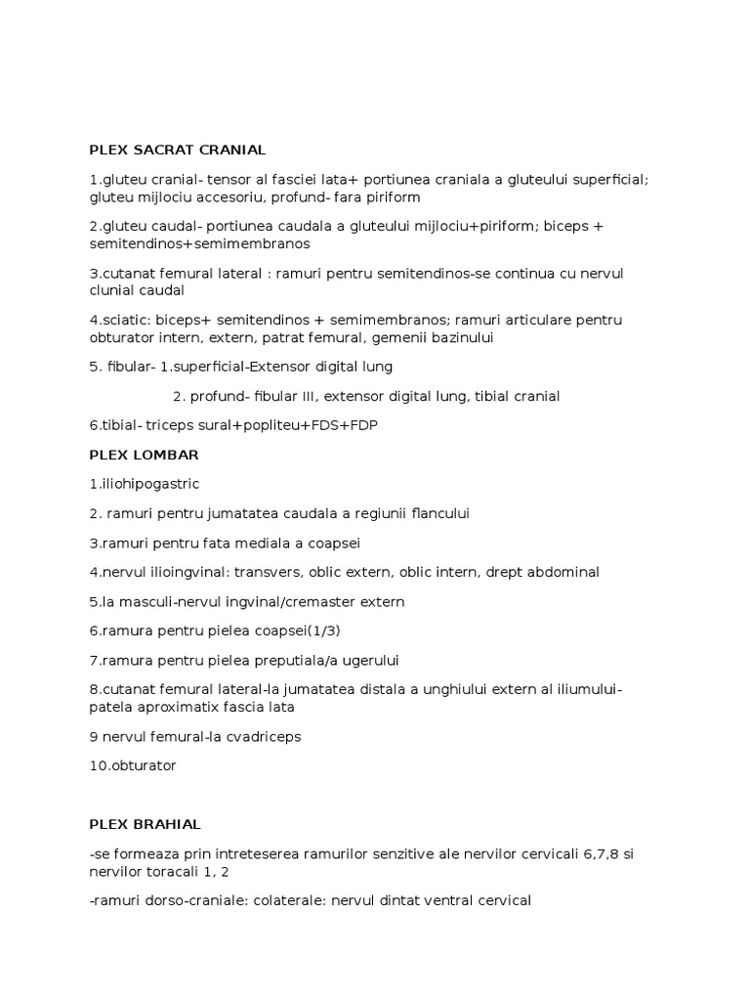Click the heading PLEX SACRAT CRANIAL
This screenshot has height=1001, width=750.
[177, 150]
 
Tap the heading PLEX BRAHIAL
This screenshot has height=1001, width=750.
[145, 824]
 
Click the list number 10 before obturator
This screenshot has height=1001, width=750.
[96, 765]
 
